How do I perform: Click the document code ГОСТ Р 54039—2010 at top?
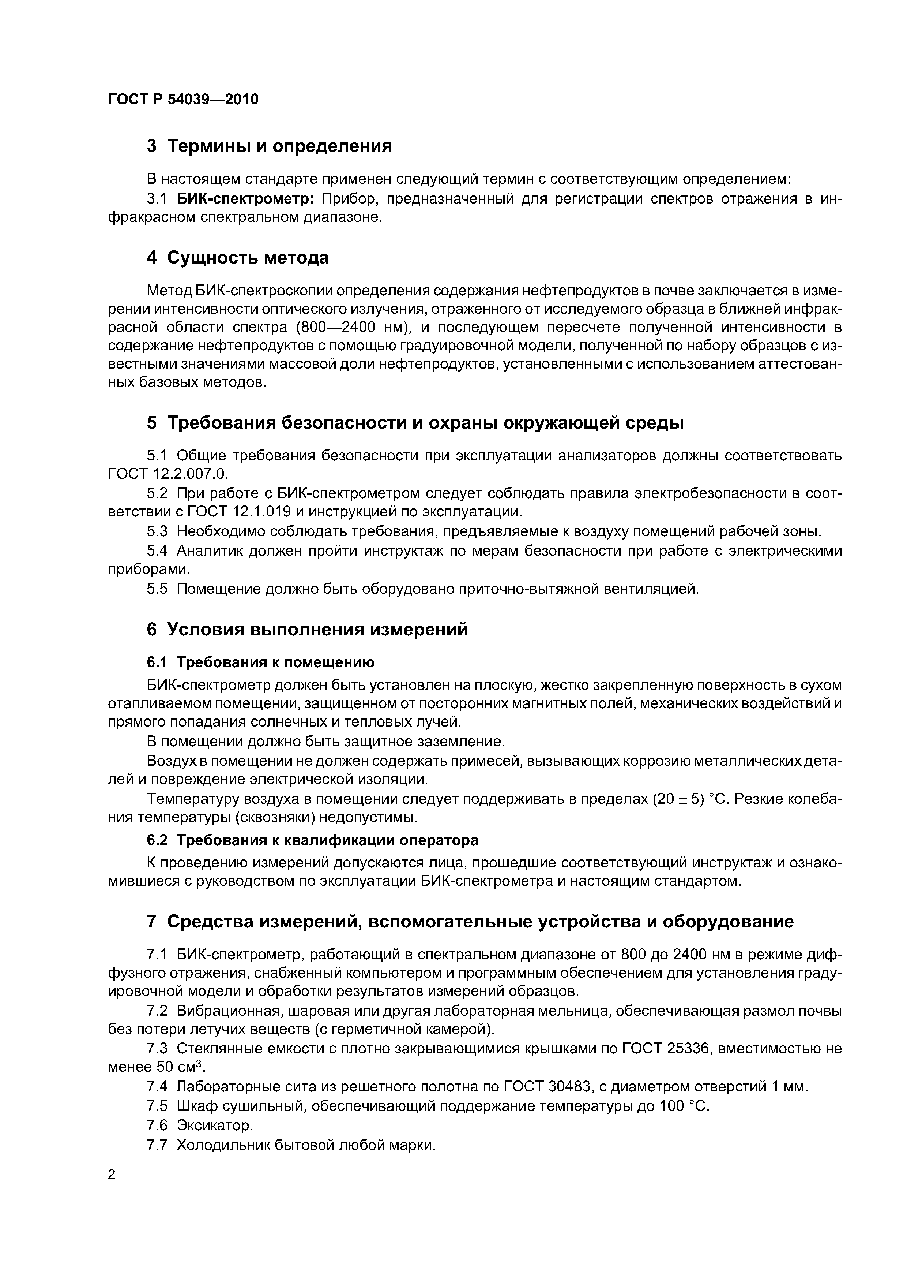tap(183, 100)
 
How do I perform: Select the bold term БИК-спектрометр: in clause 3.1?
tap(246, 199)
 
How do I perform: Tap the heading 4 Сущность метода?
tap(237, 258)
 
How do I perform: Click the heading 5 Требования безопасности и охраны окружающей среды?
tap(415, 423)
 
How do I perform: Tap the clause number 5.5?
tap(157, 589)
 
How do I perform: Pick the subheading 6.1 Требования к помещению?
tap(260, 663)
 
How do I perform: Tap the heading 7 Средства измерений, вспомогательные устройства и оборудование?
tap(470, 922)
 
